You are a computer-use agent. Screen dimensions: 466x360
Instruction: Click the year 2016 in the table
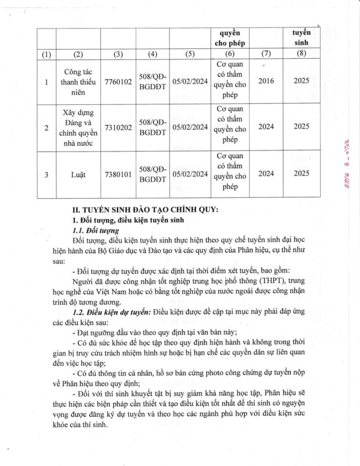click(266, 81)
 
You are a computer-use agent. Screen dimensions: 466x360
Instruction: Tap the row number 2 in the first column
click(47, 126)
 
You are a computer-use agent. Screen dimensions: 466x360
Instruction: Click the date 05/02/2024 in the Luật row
click(190, 174)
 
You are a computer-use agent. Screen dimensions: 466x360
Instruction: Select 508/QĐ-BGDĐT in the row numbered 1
click(153, 82)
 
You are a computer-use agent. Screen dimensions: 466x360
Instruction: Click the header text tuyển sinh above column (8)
click(301, 37)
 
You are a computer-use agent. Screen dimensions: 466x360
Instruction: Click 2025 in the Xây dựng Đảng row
click(301, 126)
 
